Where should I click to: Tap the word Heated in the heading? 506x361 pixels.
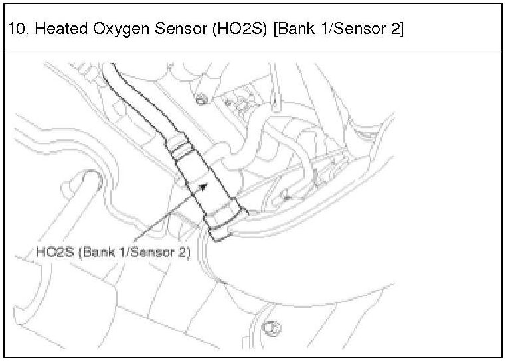pyautogui.click(x=48, y=29)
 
